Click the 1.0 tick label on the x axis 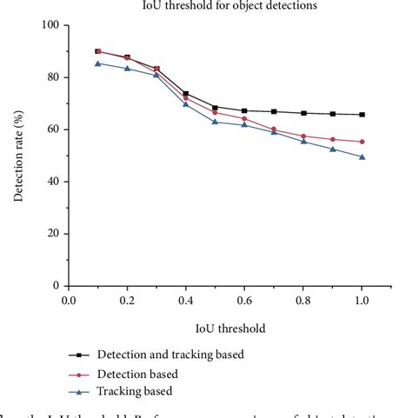(362, 301)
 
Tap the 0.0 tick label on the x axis (70, 301)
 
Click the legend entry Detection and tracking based (169, 355)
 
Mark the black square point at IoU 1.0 (362, 115)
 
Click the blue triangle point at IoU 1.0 (362, 157)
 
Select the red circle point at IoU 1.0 (362, 142)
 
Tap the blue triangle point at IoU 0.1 (98, 63)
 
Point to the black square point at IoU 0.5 (216, 107)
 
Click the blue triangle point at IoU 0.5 (216, 122)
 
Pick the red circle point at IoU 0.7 (274, 129)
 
